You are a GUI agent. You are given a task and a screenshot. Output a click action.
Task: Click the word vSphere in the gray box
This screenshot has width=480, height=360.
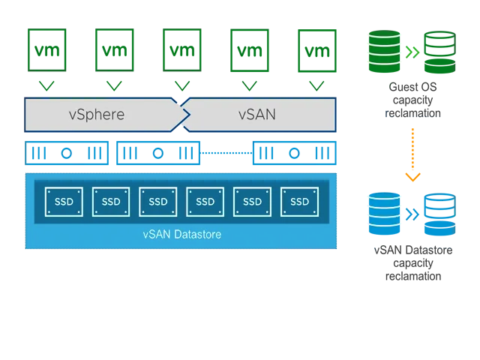click(96, 115)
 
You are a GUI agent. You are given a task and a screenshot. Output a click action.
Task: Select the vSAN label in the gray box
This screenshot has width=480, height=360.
click(256, 115)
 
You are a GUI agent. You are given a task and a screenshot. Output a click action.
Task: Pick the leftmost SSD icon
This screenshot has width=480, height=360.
click(63, 202)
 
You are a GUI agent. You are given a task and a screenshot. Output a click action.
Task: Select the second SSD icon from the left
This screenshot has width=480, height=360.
click(110, 202)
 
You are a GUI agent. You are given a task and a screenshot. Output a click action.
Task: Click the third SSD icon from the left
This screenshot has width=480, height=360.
click(157, 202)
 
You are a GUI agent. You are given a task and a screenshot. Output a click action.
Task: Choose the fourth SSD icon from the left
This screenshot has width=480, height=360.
click(205, 202)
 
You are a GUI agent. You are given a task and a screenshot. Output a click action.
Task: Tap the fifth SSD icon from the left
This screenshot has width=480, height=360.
click(252, 202)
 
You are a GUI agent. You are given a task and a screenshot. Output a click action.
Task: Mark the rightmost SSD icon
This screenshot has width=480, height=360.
click(299, 202)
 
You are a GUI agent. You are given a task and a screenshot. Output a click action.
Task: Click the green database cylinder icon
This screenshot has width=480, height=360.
click(383, 49)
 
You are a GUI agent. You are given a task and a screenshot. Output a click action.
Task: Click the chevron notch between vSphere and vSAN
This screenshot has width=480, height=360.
click(183, 115)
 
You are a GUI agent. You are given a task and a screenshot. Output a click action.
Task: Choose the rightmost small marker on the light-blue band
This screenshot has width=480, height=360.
click(304, 155)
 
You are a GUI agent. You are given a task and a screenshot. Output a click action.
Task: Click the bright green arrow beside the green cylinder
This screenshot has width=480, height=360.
click(411, 51)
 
